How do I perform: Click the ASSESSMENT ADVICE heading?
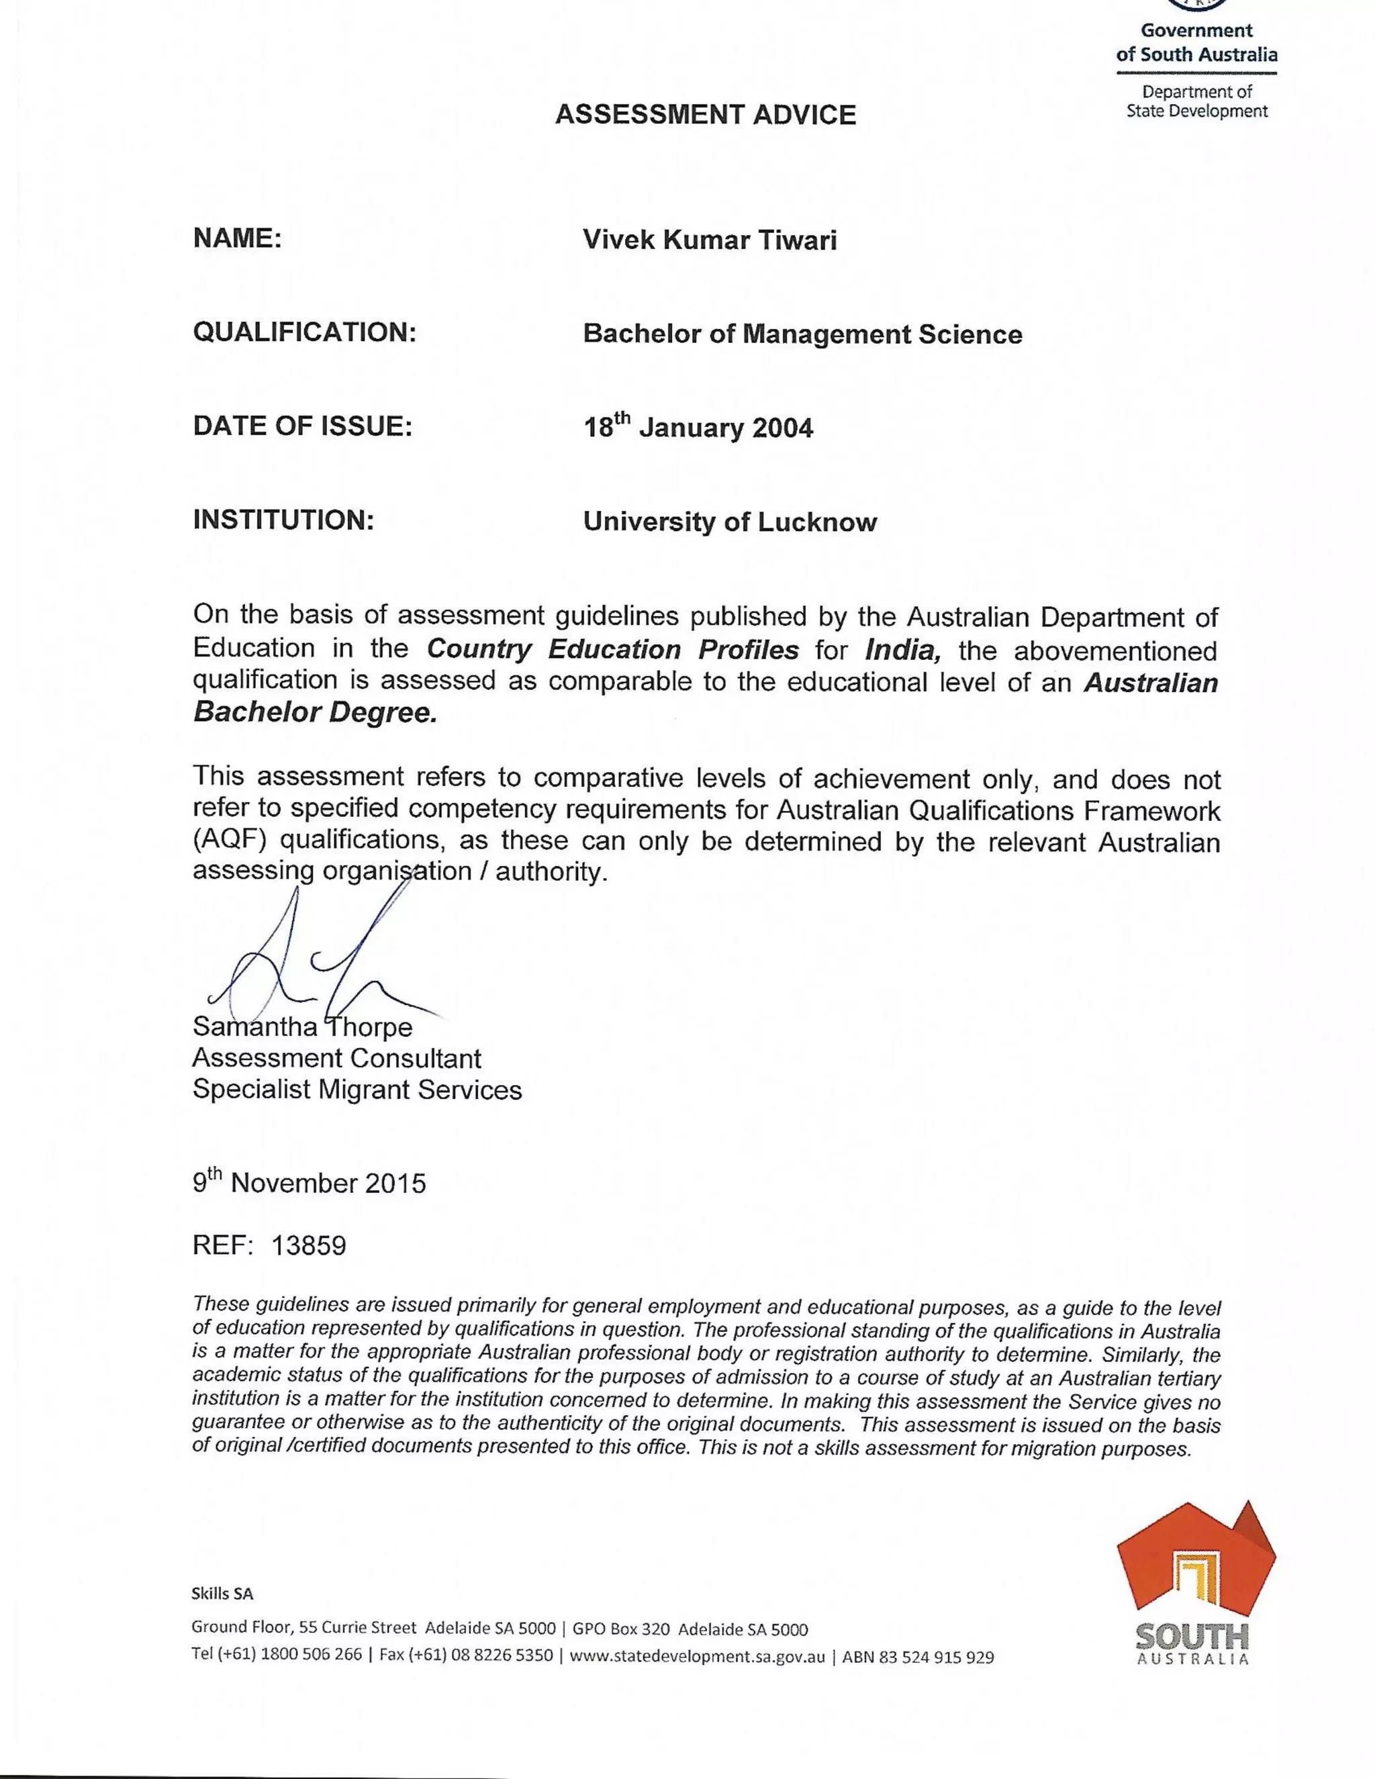(x=706, y=115)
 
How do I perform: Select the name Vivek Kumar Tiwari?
(x=710, y=240)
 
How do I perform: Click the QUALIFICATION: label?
(x=305, y=332)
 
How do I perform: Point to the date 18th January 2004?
(x=698, y=427)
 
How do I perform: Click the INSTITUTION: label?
(x=283, y=520)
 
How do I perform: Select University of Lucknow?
(x=730, y=522)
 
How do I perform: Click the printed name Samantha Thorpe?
(x=302, y=1027)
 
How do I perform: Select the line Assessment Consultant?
(x=336, y=1059)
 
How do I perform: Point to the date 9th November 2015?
(x=309, y=1183)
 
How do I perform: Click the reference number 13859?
(x=309, y=1245)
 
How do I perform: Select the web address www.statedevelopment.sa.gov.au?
(x=698, y=1656)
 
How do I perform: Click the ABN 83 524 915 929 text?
(x=918, y=1657)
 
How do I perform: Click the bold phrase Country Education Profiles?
(x=612, y=649)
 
